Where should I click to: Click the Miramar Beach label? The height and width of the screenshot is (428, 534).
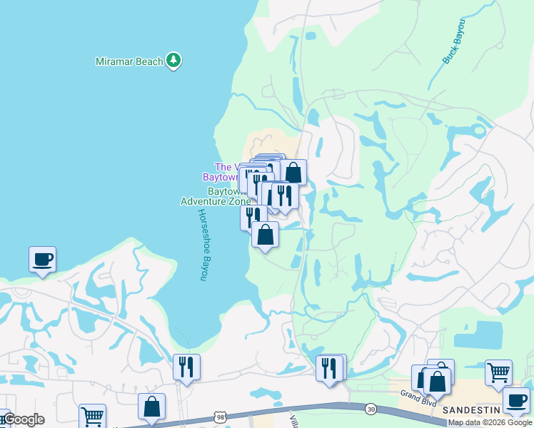coord(129,61)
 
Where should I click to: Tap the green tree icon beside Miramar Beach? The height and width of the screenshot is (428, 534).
coord(173,61)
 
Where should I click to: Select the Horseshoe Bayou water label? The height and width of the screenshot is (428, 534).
coord(203,245)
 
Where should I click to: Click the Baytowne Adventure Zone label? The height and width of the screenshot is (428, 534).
coord(216,197)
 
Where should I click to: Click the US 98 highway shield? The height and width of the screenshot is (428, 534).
coord(222,415)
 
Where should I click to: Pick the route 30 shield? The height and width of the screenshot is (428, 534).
coord(371,409)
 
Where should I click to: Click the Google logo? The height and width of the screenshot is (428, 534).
coord(24,419)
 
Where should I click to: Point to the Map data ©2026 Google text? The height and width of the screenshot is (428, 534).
coord(490,422)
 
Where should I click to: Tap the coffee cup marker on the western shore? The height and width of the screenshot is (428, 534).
coord(42,258)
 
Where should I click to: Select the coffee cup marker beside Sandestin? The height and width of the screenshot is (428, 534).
coord(515,399)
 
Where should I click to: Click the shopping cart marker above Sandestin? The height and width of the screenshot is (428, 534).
coord(498,372)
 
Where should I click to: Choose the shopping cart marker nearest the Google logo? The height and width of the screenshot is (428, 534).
coord(92,415)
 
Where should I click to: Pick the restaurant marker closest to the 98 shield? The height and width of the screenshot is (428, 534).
coord(186,367)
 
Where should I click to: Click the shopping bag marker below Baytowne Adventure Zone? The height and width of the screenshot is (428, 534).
coord(265,234)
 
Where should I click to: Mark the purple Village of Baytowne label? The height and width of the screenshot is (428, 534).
coord(227,172)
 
